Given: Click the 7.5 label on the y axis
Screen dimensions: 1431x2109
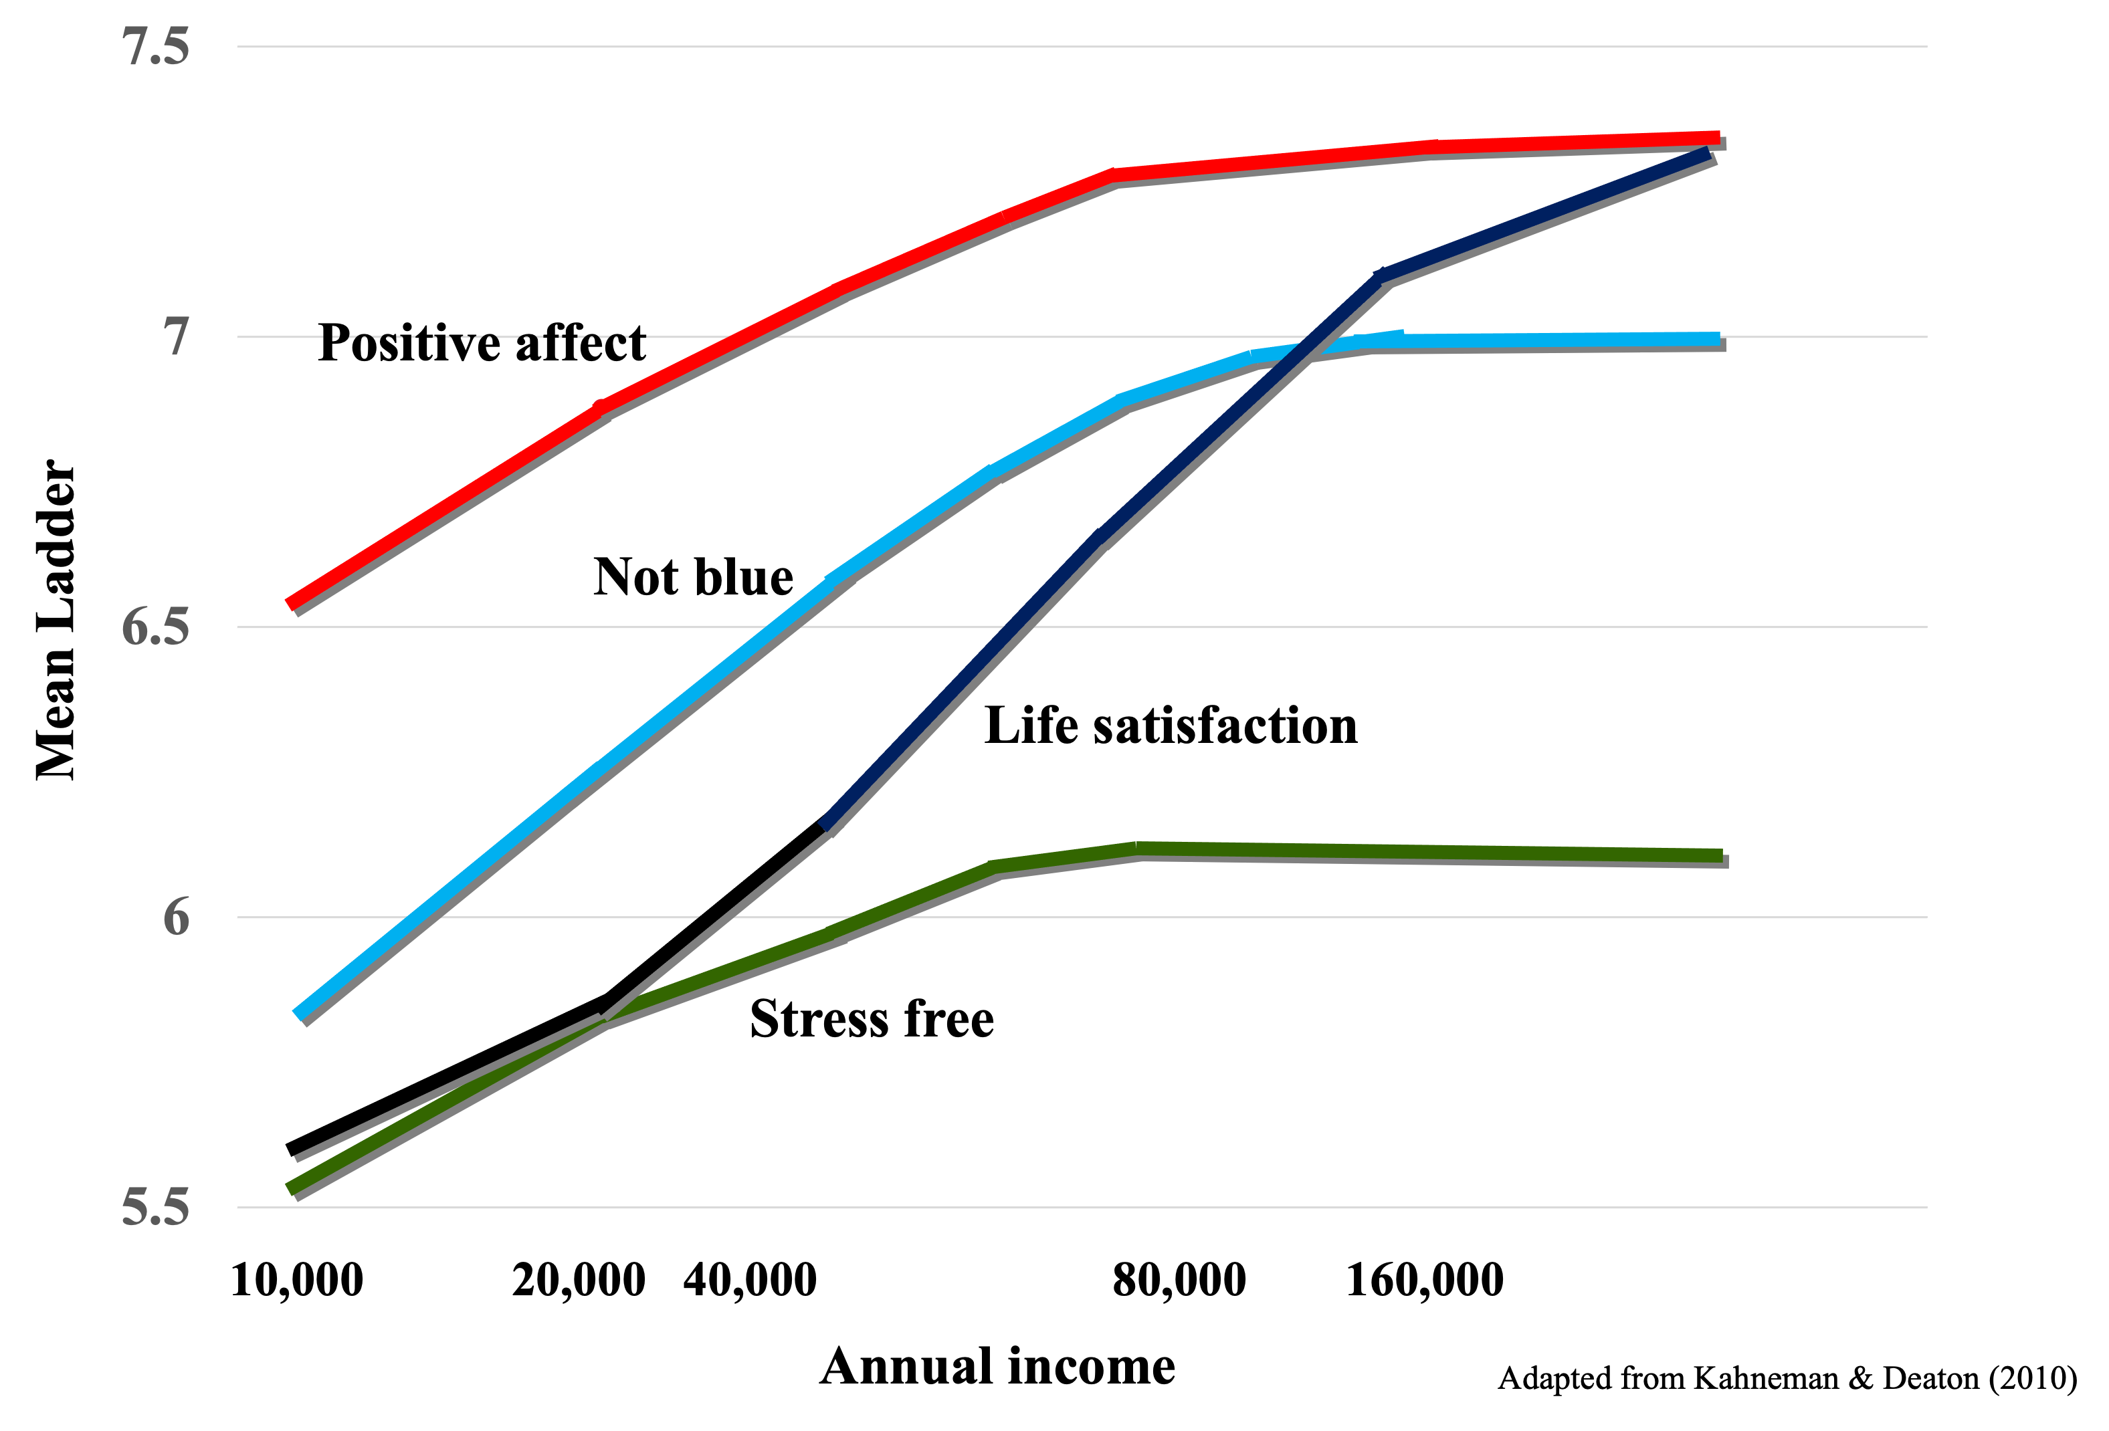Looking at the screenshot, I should (x=156, y=47).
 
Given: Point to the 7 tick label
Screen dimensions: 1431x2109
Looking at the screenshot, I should (x=176, y=336).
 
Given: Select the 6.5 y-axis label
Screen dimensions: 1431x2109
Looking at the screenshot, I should (x=156, y=627).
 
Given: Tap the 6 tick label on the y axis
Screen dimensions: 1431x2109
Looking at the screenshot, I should (x=176, y=917).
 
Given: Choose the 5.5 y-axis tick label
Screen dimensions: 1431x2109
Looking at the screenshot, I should (x=156, y=1208).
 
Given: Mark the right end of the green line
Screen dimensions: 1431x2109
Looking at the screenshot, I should (x=1722, y=856).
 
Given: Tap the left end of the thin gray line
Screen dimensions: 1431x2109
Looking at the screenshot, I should (x=297, y=1160).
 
